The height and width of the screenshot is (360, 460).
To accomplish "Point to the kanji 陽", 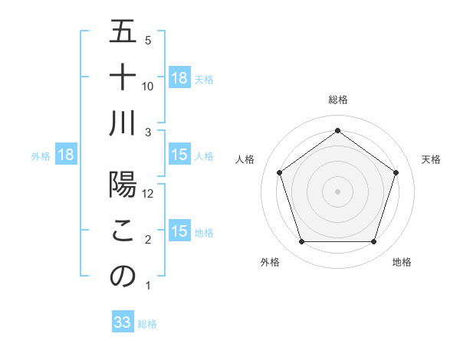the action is [123, 185].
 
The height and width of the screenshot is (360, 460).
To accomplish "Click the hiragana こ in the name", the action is [123, 231].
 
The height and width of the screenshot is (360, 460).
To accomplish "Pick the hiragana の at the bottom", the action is [123, 277].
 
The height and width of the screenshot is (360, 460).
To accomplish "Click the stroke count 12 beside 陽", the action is [149, 194].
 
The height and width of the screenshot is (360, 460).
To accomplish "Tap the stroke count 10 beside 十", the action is [149, 87].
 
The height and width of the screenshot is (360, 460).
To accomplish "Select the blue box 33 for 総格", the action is [123, 322].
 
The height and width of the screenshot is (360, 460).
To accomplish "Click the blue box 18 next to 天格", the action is [179, 78].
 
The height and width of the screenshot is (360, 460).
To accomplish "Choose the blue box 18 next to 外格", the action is [66, 155].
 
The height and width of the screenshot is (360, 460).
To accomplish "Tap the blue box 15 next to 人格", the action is [179, 155].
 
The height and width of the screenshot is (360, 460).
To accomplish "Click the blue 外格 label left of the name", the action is [41, 156].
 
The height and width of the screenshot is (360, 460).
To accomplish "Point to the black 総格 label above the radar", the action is [337, 100].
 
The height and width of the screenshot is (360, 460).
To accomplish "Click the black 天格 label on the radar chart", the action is [432, 159].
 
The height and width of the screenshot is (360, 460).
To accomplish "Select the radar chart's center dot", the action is [337, 191].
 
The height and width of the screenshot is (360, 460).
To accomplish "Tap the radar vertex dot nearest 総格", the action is [337, 130].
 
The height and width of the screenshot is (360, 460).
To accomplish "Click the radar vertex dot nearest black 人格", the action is [280, 172].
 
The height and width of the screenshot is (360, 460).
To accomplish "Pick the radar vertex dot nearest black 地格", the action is [373, 242].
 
